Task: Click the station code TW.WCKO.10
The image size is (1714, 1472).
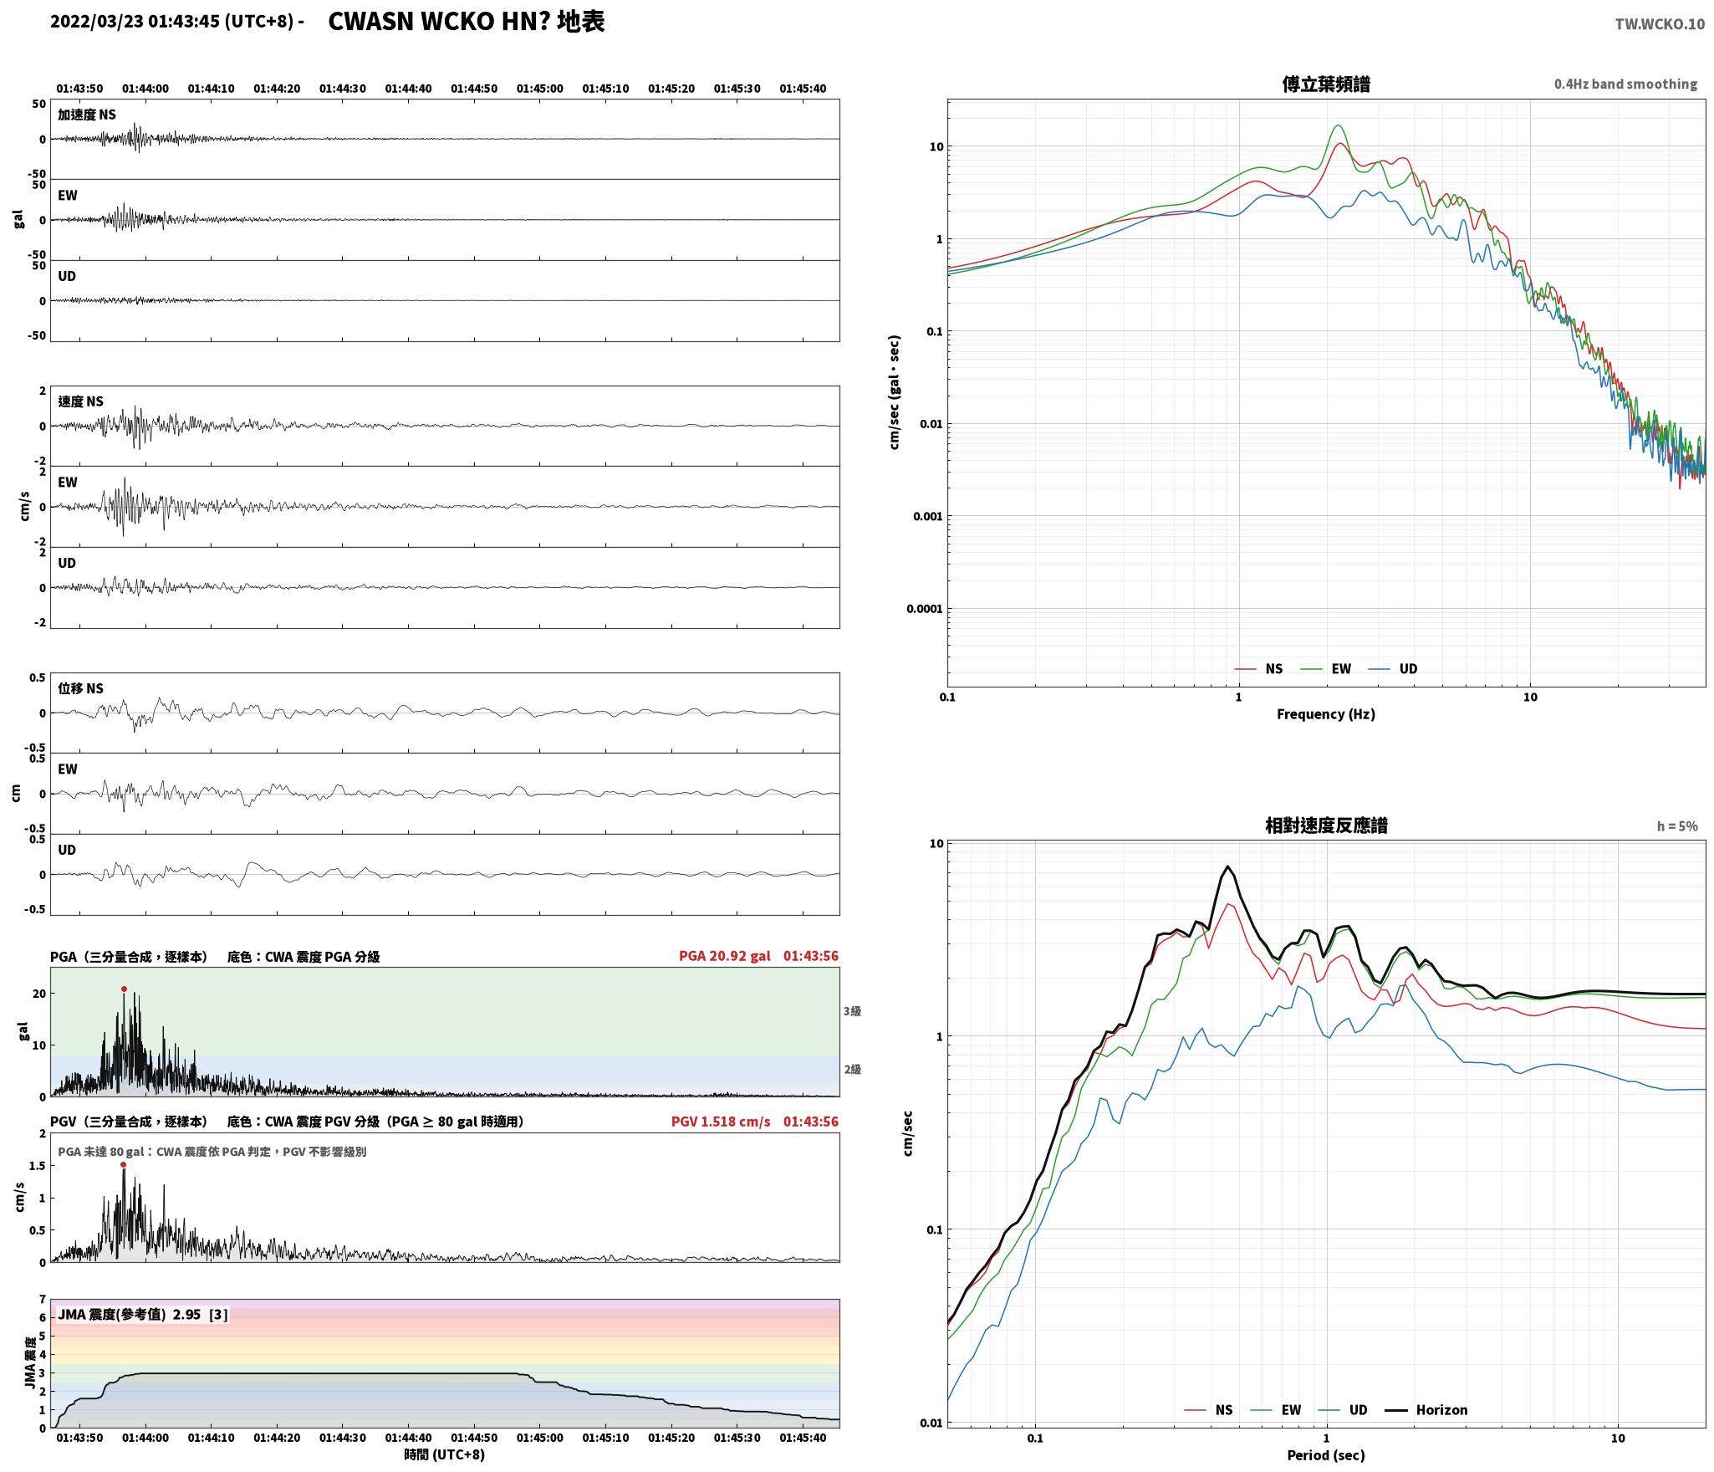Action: pos(1659,24)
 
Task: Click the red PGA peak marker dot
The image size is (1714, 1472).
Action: pos(124,989)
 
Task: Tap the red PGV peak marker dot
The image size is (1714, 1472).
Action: pos(123,1164)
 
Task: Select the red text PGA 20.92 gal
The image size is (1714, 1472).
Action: pos(724,956)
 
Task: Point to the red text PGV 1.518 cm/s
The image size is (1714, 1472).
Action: pos(721,1122)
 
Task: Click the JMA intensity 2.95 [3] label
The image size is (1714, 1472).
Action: pos(142,1315)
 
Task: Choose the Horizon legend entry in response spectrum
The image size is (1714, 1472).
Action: pos(1426,1410)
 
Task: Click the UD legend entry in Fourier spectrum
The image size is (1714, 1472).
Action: pos(1394,668)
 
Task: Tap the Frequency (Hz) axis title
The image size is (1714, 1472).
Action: pos(1325,713)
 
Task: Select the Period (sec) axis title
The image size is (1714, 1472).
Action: pos(1325,1455)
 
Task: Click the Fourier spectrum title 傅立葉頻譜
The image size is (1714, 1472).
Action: pos(1326,84)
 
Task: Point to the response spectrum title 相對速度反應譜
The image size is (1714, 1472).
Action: pos(1326,825)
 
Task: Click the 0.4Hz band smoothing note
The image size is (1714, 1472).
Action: pos(1625,84)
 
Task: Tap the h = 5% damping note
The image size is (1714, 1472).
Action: pos(1677,826)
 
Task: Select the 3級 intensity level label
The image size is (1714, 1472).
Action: pos(852,1011)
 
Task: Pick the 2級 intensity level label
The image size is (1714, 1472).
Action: pos(852,1069)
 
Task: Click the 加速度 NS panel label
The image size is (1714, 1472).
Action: pos(87,115)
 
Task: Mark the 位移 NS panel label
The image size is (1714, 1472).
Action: pos(80,688)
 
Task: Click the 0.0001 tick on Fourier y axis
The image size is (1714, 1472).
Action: pos(924,609)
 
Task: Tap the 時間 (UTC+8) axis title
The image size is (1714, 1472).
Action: pos(444,1454)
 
